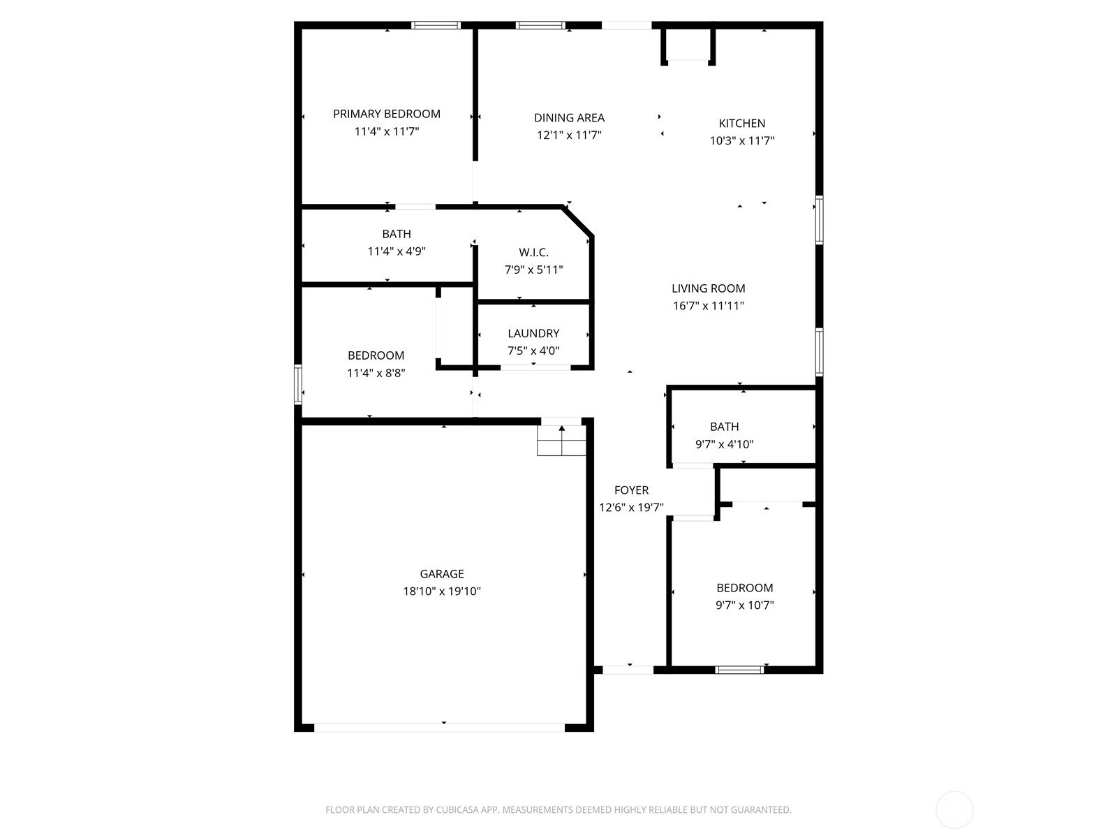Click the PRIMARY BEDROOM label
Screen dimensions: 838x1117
point(386,114)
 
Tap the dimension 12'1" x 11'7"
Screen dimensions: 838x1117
point(569,135)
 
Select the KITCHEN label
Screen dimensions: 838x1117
point(742,124)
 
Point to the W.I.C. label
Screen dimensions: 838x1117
point(533,252)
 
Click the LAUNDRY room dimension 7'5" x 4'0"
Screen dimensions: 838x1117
point(533,351)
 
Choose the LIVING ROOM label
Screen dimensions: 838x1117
point(708,288)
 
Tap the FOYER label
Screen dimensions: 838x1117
point(631,490)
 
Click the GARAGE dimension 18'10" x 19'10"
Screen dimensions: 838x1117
point(442,591)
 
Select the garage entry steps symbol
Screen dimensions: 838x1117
point(561,441)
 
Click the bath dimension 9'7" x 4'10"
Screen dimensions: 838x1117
point(724,444)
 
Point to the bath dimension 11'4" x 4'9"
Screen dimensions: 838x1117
point(397,251)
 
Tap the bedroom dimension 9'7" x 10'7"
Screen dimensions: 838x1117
point(744,605)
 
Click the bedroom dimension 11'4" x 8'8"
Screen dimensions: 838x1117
point(376,373)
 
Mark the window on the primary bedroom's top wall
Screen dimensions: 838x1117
point(436,25)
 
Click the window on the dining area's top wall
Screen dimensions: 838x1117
point(540,25)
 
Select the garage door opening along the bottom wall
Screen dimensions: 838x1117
point(440,728)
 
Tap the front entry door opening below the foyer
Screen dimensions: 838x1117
point(628,670)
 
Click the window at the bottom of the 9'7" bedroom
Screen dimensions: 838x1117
point(739,670)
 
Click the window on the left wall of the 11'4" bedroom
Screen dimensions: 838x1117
point(298,384)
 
